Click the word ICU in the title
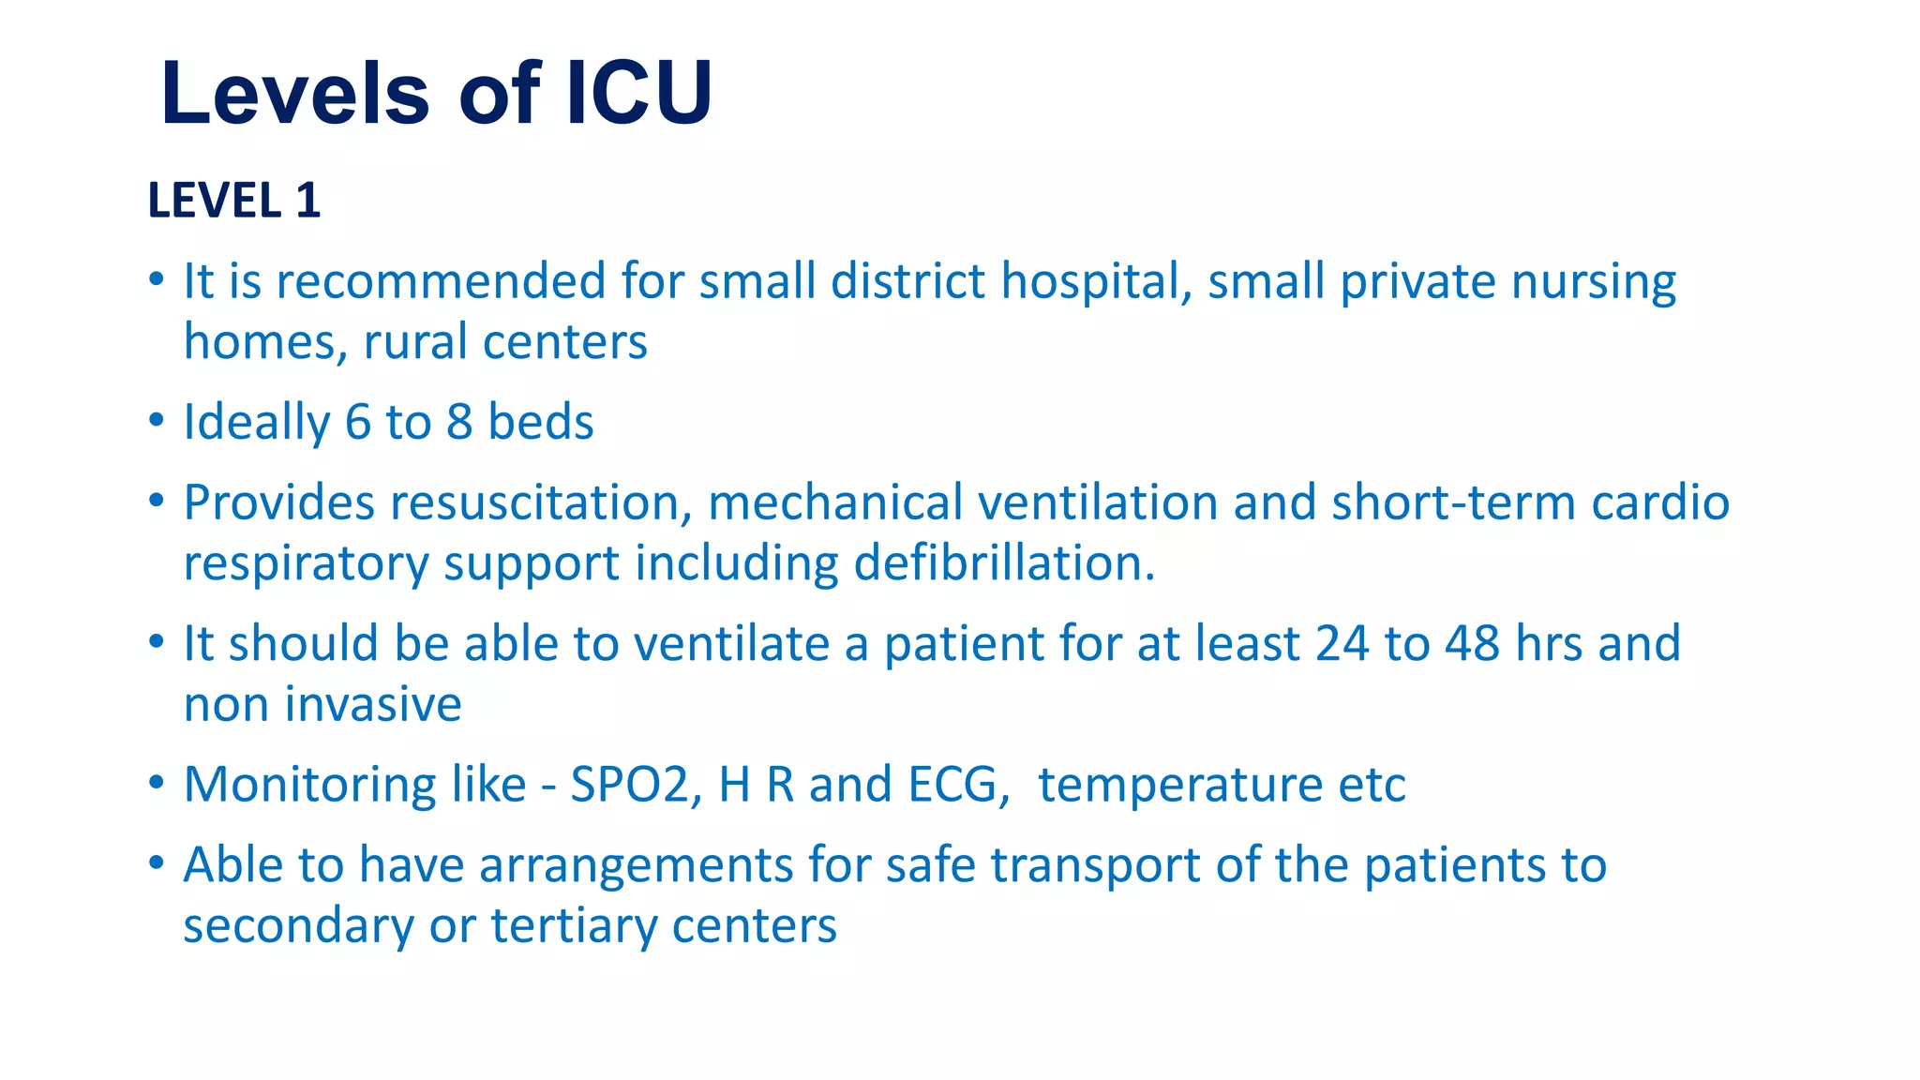pos(639,93)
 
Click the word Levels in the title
pos(295,93)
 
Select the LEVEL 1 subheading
pos(234,201)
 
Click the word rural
pos(415,341)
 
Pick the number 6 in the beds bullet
pos(358,422)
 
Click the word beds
pos(541,422)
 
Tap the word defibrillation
pos(1004,562)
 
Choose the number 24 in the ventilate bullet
pos(1342,643)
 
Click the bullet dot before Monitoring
pos(157,782)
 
